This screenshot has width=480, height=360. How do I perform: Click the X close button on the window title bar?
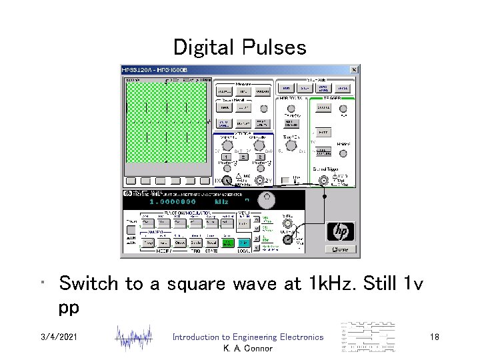click(x=354, y=69)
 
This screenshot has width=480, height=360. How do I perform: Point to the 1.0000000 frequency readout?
click(x=173, y=201)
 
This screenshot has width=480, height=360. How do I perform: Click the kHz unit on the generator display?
click(x=221, y=201)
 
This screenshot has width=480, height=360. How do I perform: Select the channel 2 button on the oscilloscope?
click(x=260, y=157)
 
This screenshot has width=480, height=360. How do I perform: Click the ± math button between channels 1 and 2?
click(x=243, y=157)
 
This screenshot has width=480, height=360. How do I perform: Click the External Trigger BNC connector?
click(x=325, y=180)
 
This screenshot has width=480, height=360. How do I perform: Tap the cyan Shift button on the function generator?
click(x=245, y=243)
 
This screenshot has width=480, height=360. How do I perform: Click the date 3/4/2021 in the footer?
click(x=59, y=338)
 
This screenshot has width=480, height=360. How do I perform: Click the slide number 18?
click(x=435, y=338)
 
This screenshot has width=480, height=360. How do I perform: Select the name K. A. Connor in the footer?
click(x=247, y=349)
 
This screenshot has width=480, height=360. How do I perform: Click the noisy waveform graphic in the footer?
click(x=133, y=338)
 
